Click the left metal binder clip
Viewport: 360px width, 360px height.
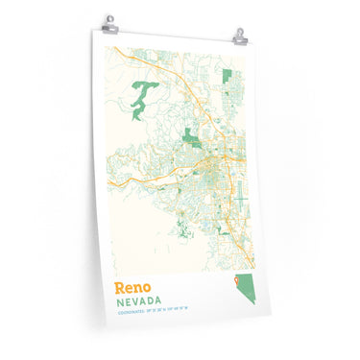[111, 22]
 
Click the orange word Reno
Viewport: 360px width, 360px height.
[132, 288]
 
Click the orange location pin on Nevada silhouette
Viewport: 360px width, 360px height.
[234, 282]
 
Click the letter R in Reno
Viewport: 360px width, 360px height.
[119, 288]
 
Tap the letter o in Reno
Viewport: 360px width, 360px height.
[146, 289]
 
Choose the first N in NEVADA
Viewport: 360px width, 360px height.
[117, 304]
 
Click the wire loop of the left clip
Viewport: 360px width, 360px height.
[111, 17]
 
